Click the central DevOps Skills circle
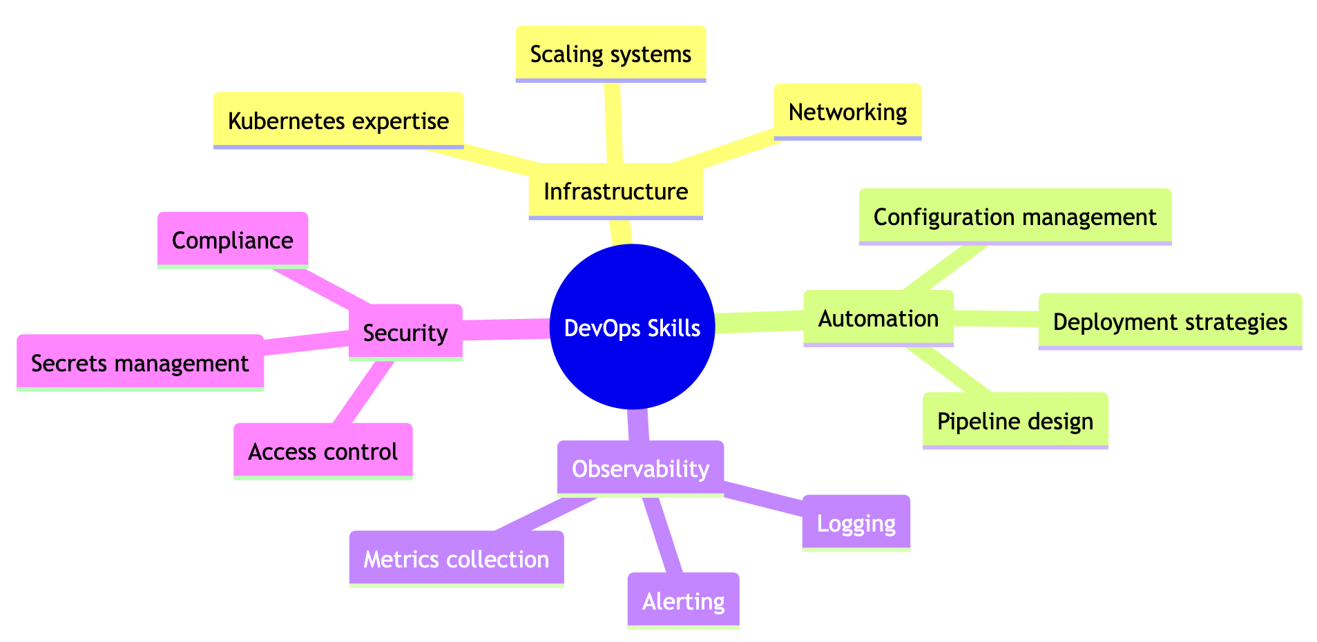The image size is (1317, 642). tap(632, 328)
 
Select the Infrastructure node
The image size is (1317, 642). tap(615, 191)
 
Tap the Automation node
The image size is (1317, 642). tap(878, 318)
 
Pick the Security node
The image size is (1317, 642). tap(405, 333)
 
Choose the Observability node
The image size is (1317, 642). tap(640, 469)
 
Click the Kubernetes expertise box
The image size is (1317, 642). tap(338, 121)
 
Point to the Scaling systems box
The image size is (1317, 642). tap(611, 54)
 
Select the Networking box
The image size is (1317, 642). tap(847, 112)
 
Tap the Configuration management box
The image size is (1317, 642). tap(1015, 217)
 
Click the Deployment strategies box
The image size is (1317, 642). tap(1170, 322)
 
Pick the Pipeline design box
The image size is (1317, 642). tap(1015, 421)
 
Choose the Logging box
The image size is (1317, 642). tap(856, 523)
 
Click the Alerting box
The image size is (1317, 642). tap(683, 601)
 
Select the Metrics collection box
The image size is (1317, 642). tap(456, 559)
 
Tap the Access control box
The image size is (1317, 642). tap(323, 451)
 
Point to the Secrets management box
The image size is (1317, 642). tap(140, 363)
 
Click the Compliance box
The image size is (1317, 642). tap(232, 240)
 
